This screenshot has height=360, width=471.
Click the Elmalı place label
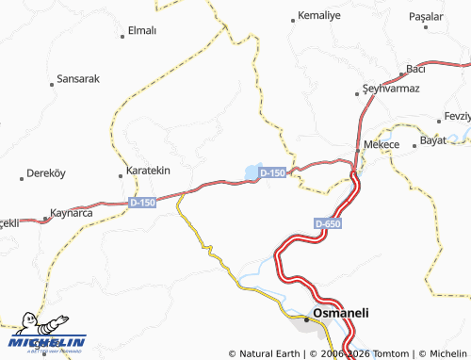point(141,30)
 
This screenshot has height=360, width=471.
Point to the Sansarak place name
point(78,78)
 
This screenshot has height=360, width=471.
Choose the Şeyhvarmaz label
point(397,88)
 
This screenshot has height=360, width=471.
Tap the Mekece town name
point(382,143)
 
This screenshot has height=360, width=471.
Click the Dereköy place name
point(47,174)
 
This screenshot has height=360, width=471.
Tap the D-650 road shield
point(328,223)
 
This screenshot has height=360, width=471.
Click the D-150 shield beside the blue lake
point(273,173)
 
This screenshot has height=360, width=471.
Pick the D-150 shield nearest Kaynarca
point(142,203)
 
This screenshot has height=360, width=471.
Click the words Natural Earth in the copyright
point(268,353)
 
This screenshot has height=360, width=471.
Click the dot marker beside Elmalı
point(123,37)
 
